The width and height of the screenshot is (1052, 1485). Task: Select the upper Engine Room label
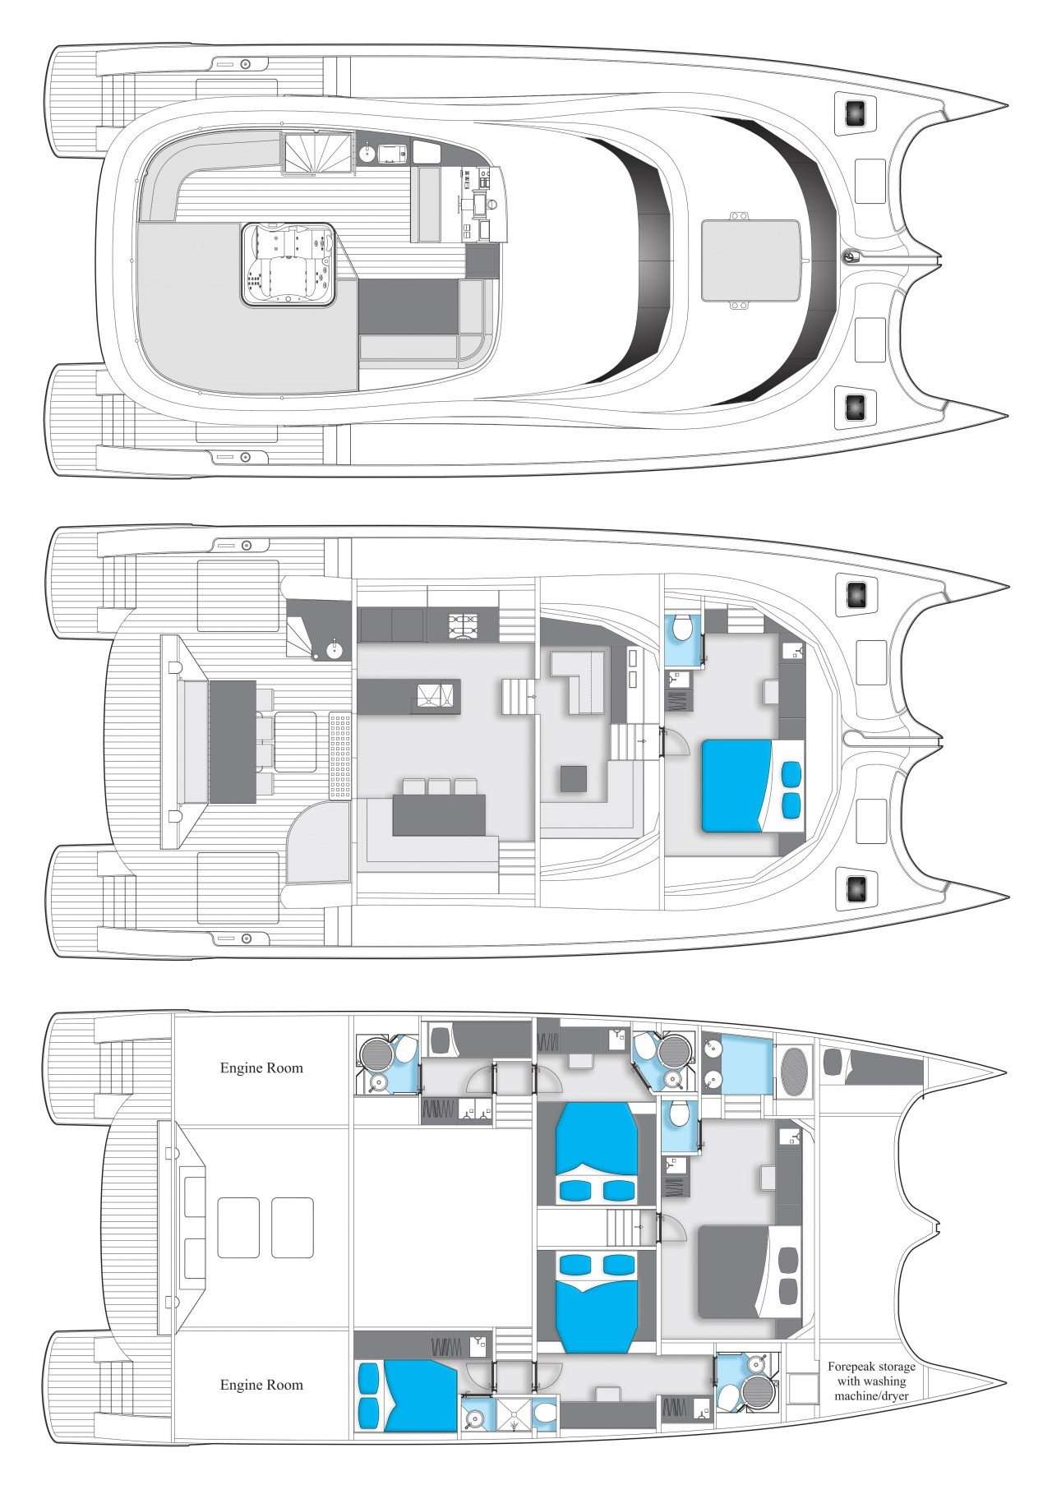(261, 1068)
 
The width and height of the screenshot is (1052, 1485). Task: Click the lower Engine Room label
(261, 1385)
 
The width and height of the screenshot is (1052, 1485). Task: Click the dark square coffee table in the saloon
(574, 778)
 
